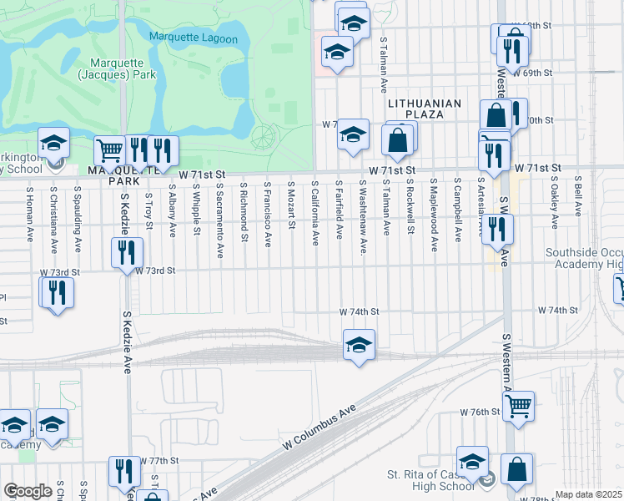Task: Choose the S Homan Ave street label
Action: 29,207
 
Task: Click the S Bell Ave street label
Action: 576,197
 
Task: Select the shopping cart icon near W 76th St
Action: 519,407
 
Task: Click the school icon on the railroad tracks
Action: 359,344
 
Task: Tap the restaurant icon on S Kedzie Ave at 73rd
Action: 127,251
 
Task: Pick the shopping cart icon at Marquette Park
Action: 109,151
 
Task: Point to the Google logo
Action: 28,491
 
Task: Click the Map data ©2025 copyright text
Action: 589,494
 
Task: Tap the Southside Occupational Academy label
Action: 584,258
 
